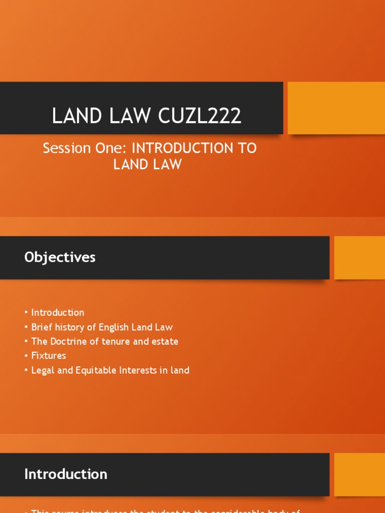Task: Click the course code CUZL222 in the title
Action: (200, 116)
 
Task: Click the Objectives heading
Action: (60, 258)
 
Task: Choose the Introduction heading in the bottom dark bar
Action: (66, 474)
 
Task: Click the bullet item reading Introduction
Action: (58, 313)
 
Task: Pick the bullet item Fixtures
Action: (49, 356)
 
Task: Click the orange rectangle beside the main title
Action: (336, 108)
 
